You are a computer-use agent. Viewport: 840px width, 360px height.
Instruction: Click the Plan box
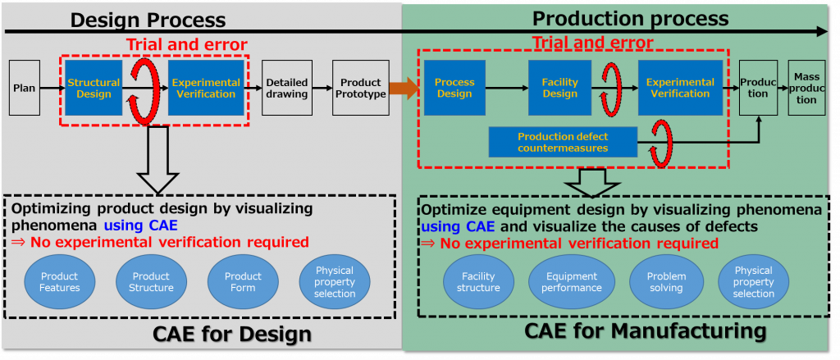pos(24,88)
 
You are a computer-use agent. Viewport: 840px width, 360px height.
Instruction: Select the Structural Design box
pos(94,88)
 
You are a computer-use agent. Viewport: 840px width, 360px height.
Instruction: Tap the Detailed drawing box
pos(286,88)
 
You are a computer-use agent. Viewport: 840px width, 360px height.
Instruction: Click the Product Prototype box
pos(361,88)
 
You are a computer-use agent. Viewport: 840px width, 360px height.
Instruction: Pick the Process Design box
pos(454,88)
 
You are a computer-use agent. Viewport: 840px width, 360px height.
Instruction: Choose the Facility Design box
pos(559,88)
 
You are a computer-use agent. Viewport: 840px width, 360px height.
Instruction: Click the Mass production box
pos(806,88)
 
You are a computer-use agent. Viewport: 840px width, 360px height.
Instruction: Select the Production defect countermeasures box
pos(563,142)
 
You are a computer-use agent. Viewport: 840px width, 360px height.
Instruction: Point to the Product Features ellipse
pos(60,282)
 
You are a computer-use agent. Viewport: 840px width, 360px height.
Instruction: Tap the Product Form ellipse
pos(243,282)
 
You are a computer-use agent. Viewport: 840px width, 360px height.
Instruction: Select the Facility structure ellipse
pos(478,282)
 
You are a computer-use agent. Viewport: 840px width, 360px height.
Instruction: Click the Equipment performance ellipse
pos(572,282)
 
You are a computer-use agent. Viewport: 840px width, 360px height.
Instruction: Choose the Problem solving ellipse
pos(666,282)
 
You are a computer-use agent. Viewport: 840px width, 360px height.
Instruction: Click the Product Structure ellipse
pos(153,282)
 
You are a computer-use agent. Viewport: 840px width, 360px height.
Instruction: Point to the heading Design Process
pos(148,20)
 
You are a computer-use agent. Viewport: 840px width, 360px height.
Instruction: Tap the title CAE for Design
pos(232,334)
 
